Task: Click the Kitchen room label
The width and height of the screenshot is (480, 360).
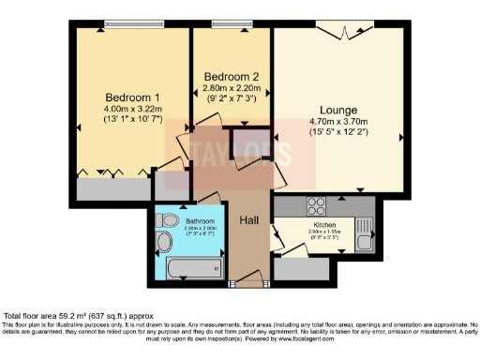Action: tap(323, 225)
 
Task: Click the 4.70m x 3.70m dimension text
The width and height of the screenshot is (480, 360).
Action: tap(338, 122)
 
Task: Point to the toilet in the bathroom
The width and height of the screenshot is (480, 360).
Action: tap(170, 219)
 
